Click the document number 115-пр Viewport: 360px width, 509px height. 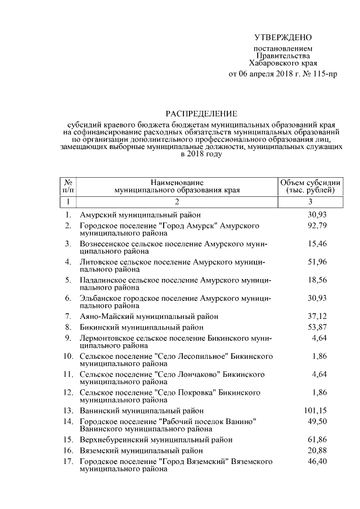tap(325, 74)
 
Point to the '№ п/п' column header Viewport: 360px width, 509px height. tap(67, 186)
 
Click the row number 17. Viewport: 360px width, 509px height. tap(69, 461)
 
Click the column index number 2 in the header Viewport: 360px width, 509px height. tap(177, 201)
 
